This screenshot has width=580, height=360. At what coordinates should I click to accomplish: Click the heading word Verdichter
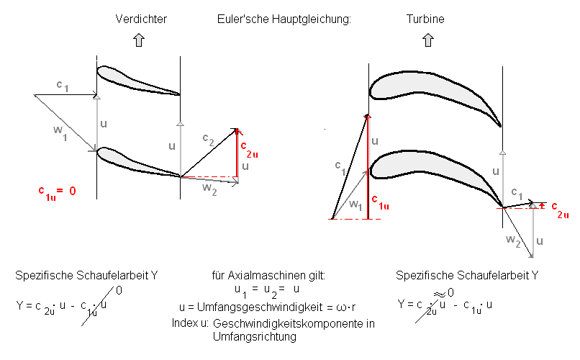pyautogui.click(x=141, y=19)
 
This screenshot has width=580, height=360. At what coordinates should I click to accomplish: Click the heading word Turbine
pyautogui.click(x=425, y=19)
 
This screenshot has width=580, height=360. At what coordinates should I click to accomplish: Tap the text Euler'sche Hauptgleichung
pyautogui.click(x=284, y=19)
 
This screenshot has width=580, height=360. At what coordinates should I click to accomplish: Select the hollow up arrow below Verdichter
pyautogui.click(x=139, y=40)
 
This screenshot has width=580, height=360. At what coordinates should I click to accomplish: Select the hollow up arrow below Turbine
pyautogui.click(x=428, y=40)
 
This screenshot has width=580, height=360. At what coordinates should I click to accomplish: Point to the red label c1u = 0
pyautogui.click(x=57, y=192)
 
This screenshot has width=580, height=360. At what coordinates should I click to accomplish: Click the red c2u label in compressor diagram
pyautogui.click(x=249, y=149)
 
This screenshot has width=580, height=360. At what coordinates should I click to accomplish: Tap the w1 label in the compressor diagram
pyautogui.click(x=60, y=132)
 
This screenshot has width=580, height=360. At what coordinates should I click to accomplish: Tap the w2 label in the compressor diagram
pyautogui.click(x=209, y=189)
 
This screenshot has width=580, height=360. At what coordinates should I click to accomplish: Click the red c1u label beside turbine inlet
pyautogui.click(x=380, y=202)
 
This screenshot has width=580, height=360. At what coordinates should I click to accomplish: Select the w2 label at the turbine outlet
pyautogui.click(x=513, y=240)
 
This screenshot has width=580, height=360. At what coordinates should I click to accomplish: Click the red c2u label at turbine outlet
pyautogui.click(x=560, y=210)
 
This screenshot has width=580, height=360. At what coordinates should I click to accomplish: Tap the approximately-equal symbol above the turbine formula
pyautogui.click(x=440, y=294)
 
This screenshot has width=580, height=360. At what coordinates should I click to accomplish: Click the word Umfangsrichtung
pyautogui.click(x=255, y=337)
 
